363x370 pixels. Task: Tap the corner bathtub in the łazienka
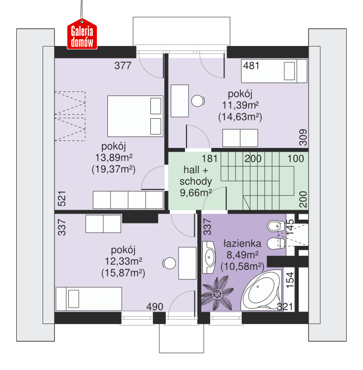[262, 290]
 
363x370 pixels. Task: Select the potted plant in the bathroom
[217, 293]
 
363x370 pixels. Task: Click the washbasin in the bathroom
[209, 257]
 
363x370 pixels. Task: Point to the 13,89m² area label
[114, 157]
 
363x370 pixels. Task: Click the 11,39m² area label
[240, 105]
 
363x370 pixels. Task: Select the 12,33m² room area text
[123, 261]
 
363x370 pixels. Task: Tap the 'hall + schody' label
[196, 175]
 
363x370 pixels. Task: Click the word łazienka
[242, 243]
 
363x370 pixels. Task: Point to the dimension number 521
[62, 199]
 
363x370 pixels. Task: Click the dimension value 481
[251, 65]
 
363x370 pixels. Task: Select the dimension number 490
[155, 307]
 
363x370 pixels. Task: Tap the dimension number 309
[303, 137]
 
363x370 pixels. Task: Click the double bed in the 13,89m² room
[135, 116]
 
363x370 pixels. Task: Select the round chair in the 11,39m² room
[198, 101]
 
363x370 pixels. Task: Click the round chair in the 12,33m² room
[169, 263]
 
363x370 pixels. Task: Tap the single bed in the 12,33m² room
[89, 299]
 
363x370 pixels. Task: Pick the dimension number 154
[290, 280]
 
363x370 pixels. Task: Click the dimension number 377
[123, 65]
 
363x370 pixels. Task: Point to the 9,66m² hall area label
[196, 193]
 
